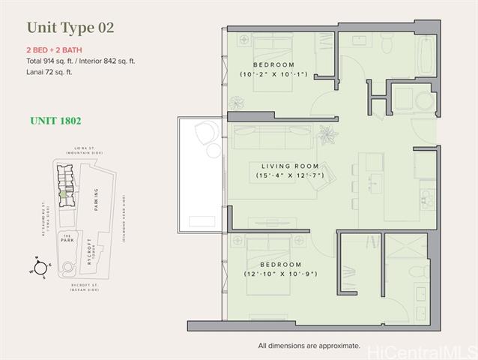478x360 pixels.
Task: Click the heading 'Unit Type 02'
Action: [70, 28]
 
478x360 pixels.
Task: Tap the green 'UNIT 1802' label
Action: [55, 120]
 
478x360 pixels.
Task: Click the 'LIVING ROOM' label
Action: [290, 166]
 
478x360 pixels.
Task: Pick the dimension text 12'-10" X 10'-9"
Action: [280, 274]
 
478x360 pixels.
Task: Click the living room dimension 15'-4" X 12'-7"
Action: [290, 176]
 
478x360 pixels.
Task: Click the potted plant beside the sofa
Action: [327, 135]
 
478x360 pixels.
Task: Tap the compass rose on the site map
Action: [40, 265]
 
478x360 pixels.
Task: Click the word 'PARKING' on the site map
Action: [96, 199]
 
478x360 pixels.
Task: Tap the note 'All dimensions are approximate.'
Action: [309, 346]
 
